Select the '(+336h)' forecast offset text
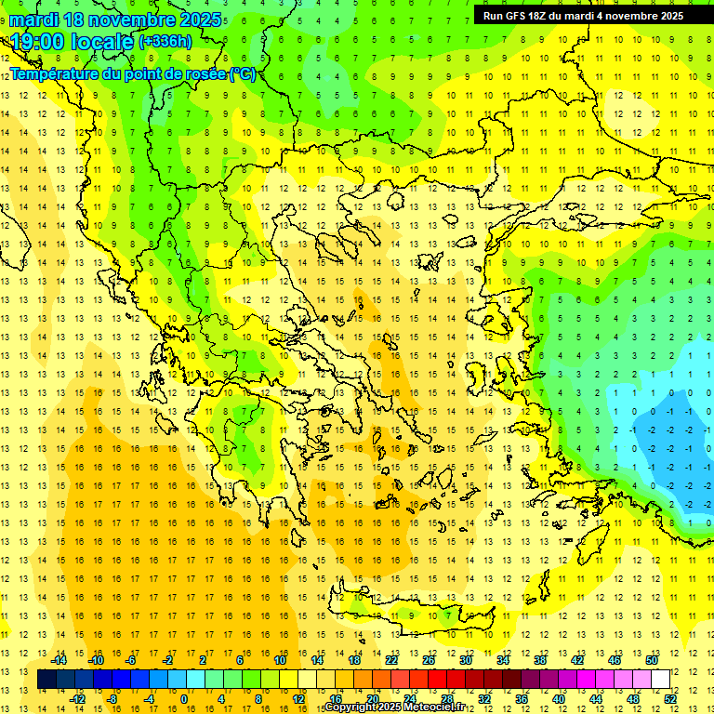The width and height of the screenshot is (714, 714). point(166,42)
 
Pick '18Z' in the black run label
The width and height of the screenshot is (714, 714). point(537,16)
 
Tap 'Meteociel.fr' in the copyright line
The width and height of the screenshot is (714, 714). point(436,707)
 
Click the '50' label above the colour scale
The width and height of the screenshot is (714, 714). point(652,660)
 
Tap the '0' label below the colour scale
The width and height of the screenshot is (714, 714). point(183,699)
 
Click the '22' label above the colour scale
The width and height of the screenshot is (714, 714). point(391,660)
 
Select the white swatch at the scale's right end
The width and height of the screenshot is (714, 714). point(661,680)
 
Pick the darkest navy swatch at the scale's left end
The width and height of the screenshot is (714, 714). point(46,680)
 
